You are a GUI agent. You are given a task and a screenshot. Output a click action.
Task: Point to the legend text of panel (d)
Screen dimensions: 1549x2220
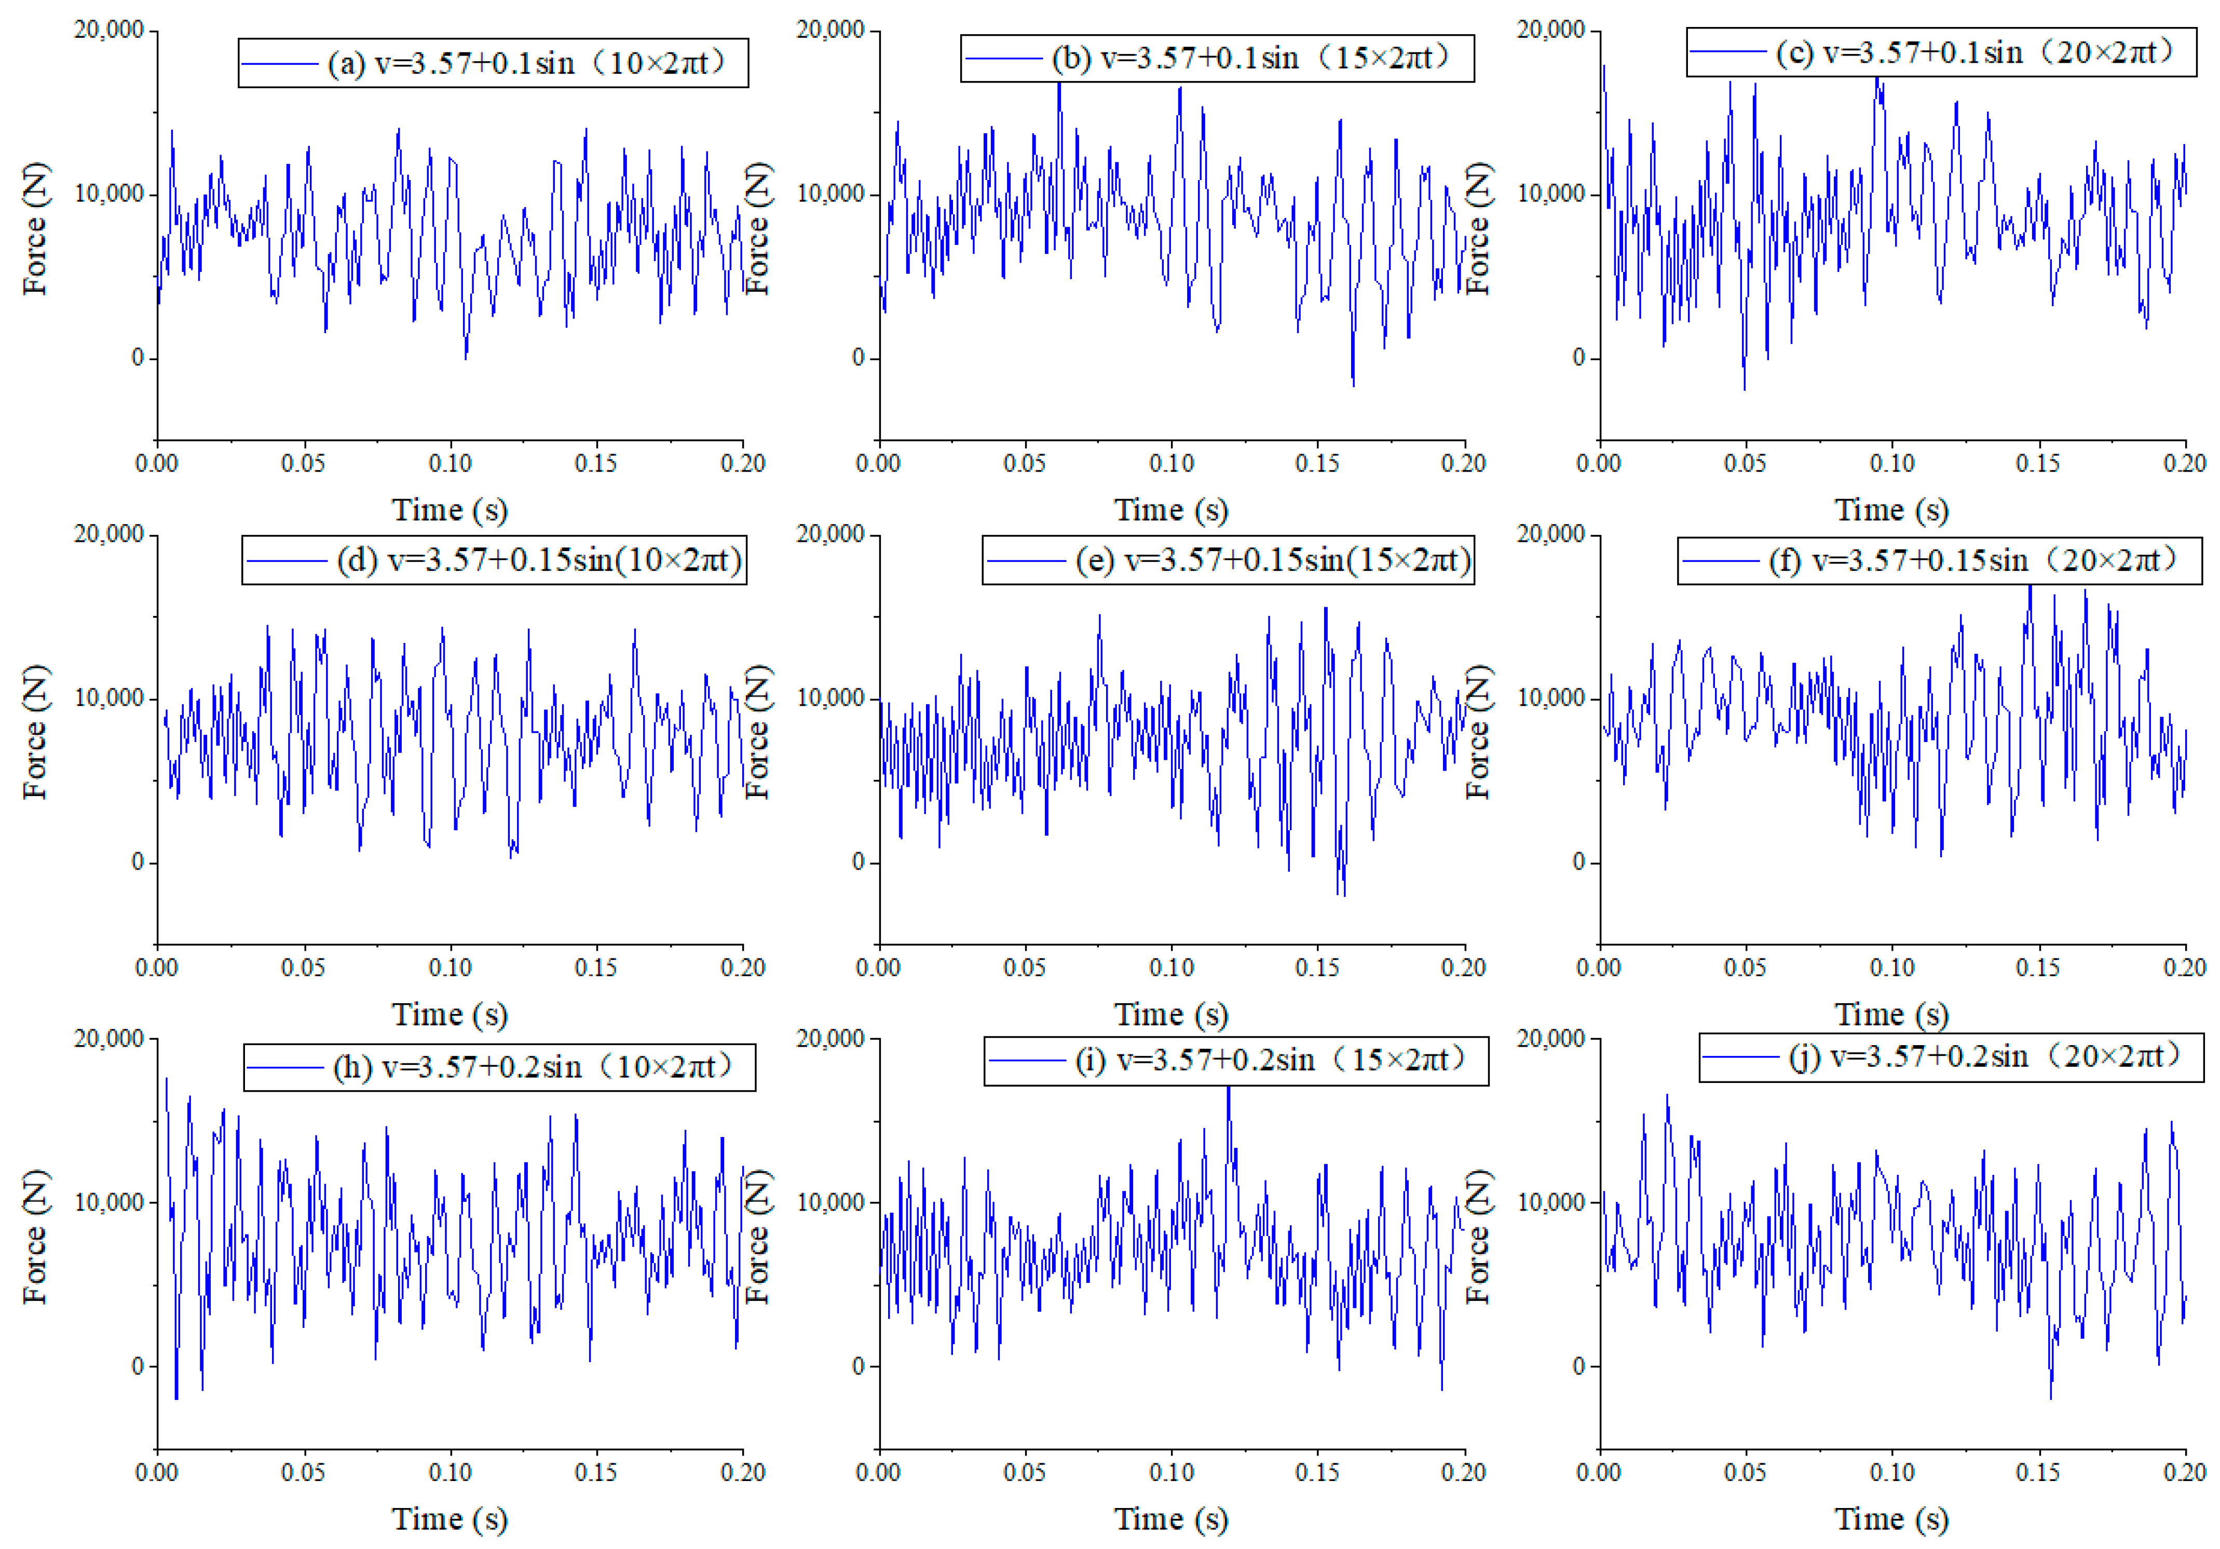click(x=539, y=561)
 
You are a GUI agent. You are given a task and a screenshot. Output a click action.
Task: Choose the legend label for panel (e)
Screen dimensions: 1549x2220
click(x=1272, y=561)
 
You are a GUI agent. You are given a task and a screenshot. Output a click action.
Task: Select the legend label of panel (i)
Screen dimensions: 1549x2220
click(x=1272, y=1061)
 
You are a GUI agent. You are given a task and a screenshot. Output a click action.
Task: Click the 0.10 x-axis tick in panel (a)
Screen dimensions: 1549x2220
click(x=450, y=463)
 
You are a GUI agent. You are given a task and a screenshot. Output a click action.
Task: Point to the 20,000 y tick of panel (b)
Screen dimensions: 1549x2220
click(x=829, y=30)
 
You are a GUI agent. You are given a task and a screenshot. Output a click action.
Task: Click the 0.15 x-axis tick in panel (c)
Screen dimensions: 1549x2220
click(x=2037, y=463)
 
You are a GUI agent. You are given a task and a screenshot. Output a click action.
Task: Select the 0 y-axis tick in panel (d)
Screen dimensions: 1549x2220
click(x=138, y=861)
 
